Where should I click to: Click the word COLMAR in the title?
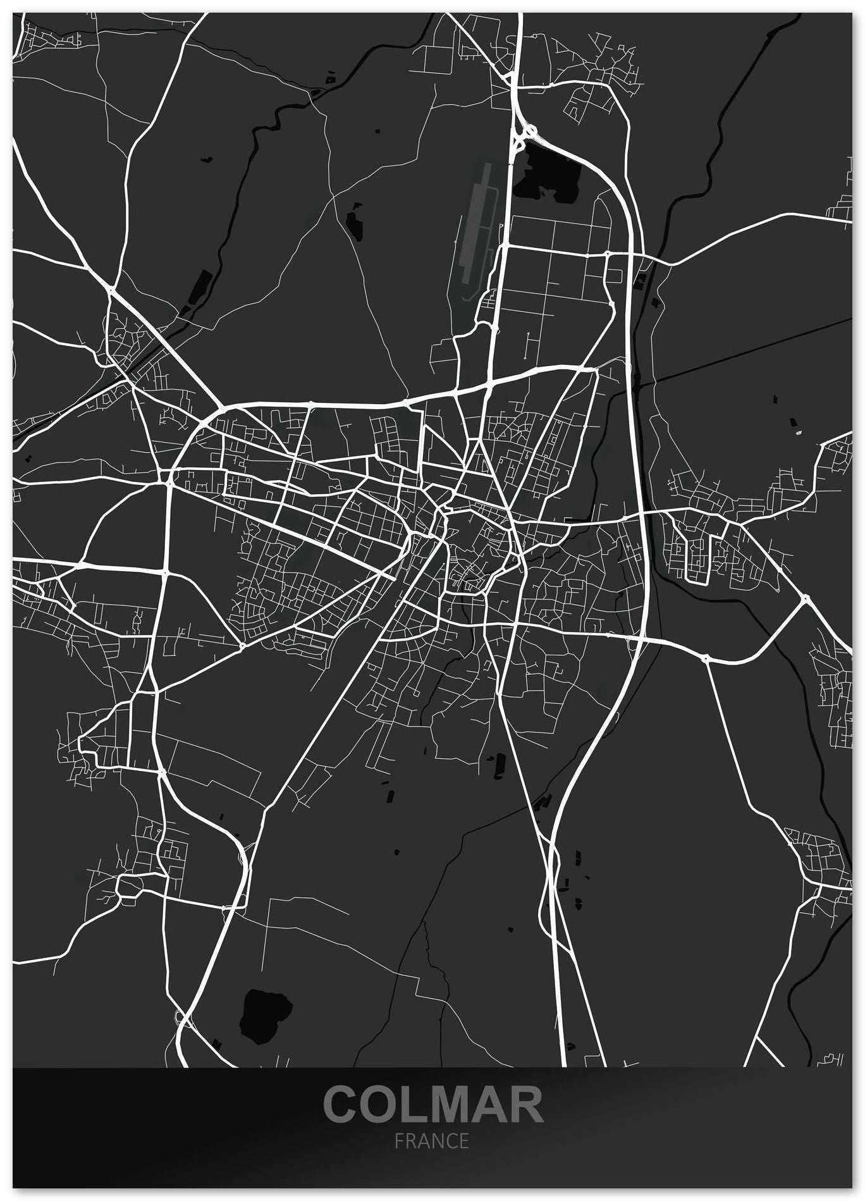point(433,1104)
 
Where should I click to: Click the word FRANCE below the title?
point(432,1142)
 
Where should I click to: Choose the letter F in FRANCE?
point(398,1142)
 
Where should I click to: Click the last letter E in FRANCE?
point(465,1142)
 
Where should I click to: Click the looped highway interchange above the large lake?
point(525,133)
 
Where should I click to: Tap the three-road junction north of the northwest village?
point(111,290)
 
